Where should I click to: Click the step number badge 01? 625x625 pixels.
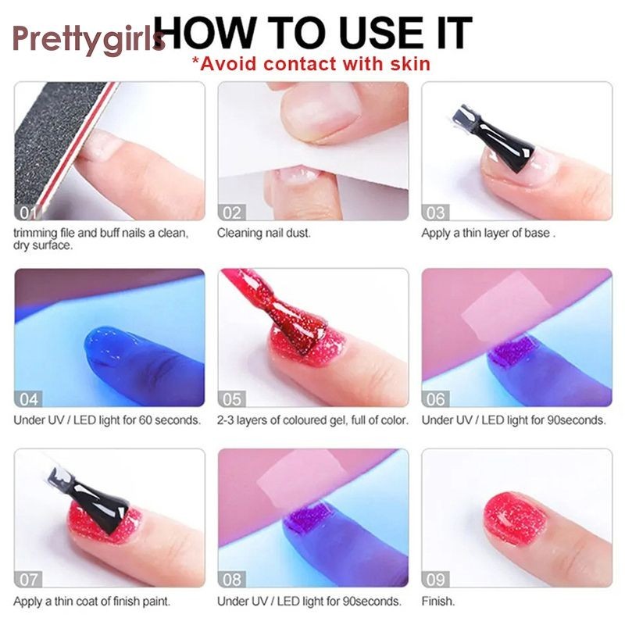27,212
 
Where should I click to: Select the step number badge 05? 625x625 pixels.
231,399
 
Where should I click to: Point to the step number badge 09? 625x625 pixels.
435,580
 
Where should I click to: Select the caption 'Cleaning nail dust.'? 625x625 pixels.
263,233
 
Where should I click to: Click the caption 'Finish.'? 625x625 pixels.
438,601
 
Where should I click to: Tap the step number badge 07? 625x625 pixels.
28,580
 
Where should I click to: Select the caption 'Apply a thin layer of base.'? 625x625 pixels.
488,233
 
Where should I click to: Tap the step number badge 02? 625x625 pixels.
231,212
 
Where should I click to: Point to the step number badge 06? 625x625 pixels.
435,399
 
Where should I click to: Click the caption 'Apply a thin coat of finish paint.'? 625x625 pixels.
92,601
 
